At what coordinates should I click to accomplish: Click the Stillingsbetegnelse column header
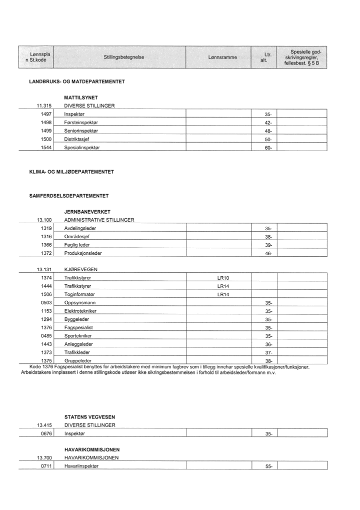tap(124, 58)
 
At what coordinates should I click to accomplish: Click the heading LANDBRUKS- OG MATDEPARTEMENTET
tap(77, 82)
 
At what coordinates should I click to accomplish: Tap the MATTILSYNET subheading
tap(81, 98)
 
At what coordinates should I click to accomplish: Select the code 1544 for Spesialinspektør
tap(46, 147)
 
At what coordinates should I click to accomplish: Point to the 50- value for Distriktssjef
tap(268, 139)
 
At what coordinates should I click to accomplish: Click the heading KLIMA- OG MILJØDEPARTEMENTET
tap(71, 172)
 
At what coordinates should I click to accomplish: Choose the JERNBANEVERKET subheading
tap(87, 212)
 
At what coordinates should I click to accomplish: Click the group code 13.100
tap(44, 220)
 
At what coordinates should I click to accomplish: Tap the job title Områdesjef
tap(77, 237)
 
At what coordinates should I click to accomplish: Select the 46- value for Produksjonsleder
tap(268, 253)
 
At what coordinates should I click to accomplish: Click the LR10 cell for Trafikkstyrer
tap(223, 278)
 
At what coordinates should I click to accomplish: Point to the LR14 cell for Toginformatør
tap(223, 295)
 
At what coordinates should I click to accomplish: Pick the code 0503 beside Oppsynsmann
tap(46, 303)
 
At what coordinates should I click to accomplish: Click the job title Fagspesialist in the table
tap(79, 327)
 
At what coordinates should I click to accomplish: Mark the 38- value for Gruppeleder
tap(268, 361)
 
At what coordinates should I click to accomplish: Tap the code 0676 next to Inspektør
tap(46, 433)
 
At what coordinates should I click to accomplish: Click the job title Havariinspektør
tap(82, 466)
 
